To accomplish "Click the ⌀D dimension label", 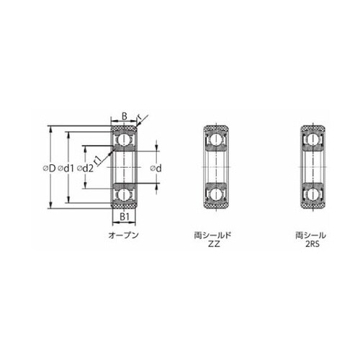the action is (49, 168).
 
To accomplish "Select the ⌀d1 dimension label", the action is (66, 168).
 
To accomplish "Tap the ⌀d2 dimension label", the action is (85, 168).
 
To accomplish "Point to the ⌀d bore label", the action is (156, 168).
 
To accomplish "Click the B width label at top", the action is (125, 116).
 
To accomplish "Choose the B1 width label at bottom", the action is (125, 217).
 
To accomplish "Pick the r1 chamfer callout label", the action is (98, 160).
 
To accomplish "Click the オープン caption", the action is (124, 235).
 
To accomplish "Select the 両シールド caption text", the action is (212, 235).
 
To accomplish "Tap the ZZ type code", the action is (214, 244).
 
